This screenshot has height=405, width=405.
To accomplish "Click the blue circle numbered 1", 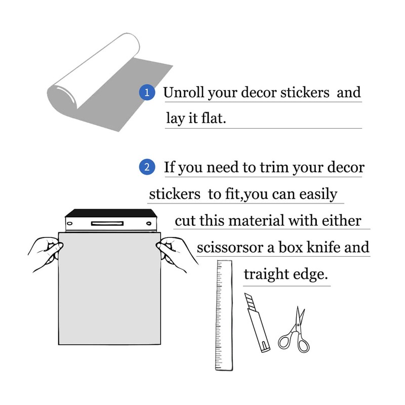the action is (x=147, y=93).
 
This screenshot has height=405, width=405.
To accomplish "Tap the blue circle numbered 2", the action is (x=147, y=167).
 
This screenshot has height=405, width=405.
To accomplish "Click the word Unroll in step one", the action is (x=184, y=92).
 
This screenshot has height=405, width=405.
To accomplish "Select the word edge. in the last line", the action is (x=310, y=274).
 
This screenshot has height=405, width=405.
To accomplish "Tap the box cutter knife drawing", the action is (x=257, y=322).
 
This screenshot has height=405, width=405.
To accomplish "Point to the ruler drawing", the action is (x=224, y=315).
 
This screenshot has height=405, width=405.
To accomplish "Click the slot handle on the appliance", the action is (x=107, y=223).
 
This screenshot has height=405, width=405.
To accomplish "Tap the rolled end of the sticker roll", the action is (x=62, y=97).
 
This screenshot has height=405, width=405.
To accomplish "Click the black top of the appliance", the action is (x=111, y=213).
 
